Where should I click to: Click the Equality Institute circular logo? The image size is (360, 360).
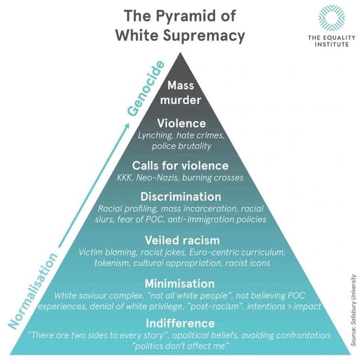pos(332,18)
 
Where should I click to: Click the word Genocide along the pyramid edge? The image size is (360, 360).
pos(146,89)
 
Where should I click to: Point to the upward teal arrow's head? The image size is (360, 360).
pos(127,127)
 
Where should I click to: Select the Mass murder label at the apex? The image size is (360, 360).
pos(180,92)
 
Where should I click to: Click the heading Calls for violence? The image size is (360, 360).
pos(180,165)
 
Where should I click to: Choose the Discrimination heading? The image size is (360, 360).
pos(180,197)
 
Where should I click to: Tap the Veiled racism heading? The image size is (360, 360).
pos(182,240)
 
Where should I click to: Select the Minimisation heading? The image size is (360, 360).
pos(180,284)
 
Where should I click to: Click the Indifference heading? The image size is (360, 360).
pos(180,323)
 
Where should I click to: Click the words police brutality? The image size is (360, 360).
pos(181,146)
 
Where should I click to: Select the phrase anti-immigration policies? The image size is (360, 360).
pos(217,219)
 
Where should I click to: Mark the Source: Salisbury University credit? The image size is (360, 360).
pos(354,310)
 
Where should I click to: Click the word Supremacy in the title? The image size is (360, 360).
pos(204,36)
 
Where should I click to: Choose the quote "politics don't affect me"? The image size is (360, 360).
pos(180,346)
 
